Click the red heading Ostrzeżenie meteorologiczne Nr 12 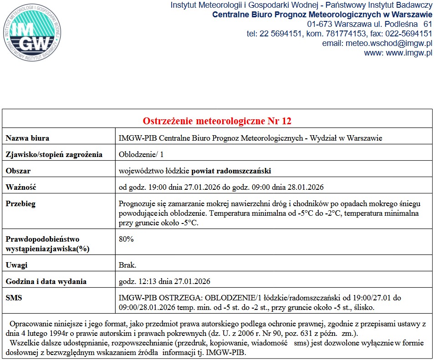click(217, 121)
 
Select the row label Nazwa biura click(27, 138)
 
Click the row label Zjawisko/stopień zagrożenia click(54, 154)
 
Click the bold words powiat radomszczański click(231, 171)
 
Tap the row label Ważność click(21, 187)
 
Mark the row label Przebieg click(20, 204)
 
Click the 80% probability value click(126, 239)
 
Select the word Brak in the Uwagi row click(127, 265)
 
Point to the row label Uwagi click(17, 265)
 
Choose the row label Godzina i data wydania click(46, 281)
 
